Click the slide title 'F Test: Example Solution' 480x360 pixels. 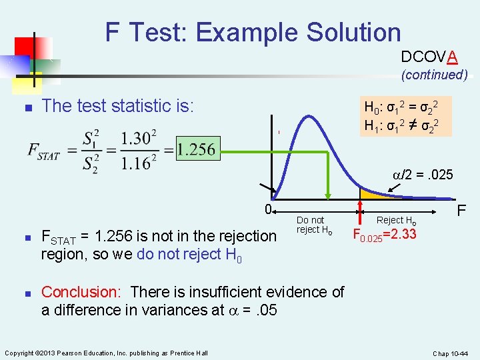[253, 31]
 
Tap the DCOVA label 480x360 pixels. [429, 57]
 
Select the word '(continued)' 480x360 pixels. [434, 75]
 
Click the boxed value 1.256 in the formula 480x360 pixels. [197, 149]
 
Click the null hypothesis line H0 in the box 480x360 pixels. [404, 107]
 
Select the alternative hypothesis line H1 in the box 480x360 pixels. [404, 124]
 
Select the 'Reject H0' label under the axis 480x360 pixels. [397, 220]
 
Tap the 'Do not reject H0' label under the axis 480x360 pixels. [313, 225]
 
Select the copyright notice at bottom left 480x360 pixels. [106, 353]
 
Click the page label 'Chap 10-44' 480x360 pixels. [451, 353]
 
